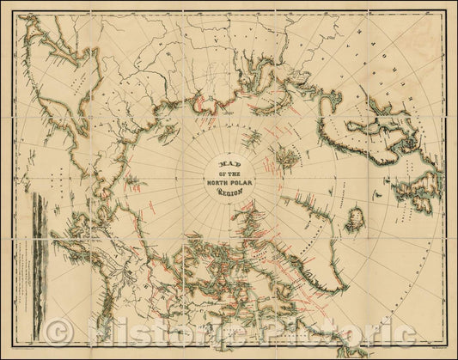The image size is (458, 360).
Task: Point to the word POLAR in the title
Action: tap(241, 181)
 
